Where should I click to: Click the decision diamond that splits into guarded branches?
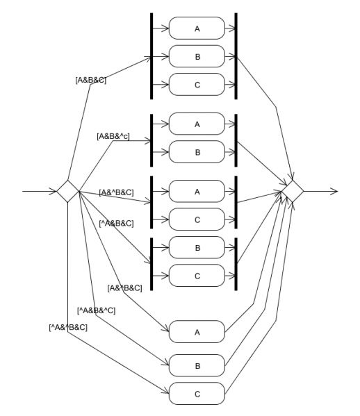tap(68, 191)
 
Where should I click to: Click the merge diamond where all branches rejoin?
tap(293, 191)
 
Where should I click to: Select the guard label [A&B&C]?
tap(91, 80)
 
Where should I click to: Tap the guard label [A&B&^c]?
tap(113, 136)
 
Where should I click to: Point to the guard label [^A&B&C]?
tap(116, 224)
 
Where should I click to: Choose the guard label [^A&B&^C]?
tap(96, 310)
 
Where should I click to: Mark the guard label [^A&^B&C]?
tap(68, 327)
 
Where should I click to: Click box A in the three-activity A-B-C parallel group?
tap(197, 28)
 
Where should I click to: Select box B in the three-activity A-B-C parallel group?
tap(197, 56)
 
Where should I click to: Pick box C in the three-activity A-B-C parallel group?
tap(197, 84)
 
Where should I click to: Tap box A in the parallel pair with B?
tap(197, 124)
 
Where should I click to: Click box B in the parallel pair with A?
tap(197, 152)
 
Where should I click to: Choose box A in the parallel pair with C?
tap(197, 191)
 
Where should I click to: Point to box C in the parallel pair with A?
tap(197, 219)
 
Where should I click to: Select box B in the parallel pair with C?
tap(197, 247)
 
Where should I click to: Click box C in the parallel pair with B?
tap(197, 276)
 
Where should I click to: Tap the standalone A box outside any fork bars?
tap(197, 332)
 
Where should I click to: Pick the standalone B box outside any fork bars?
tap(197, 365)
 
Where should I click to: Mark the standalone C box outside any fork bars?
tap(197, 394)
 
